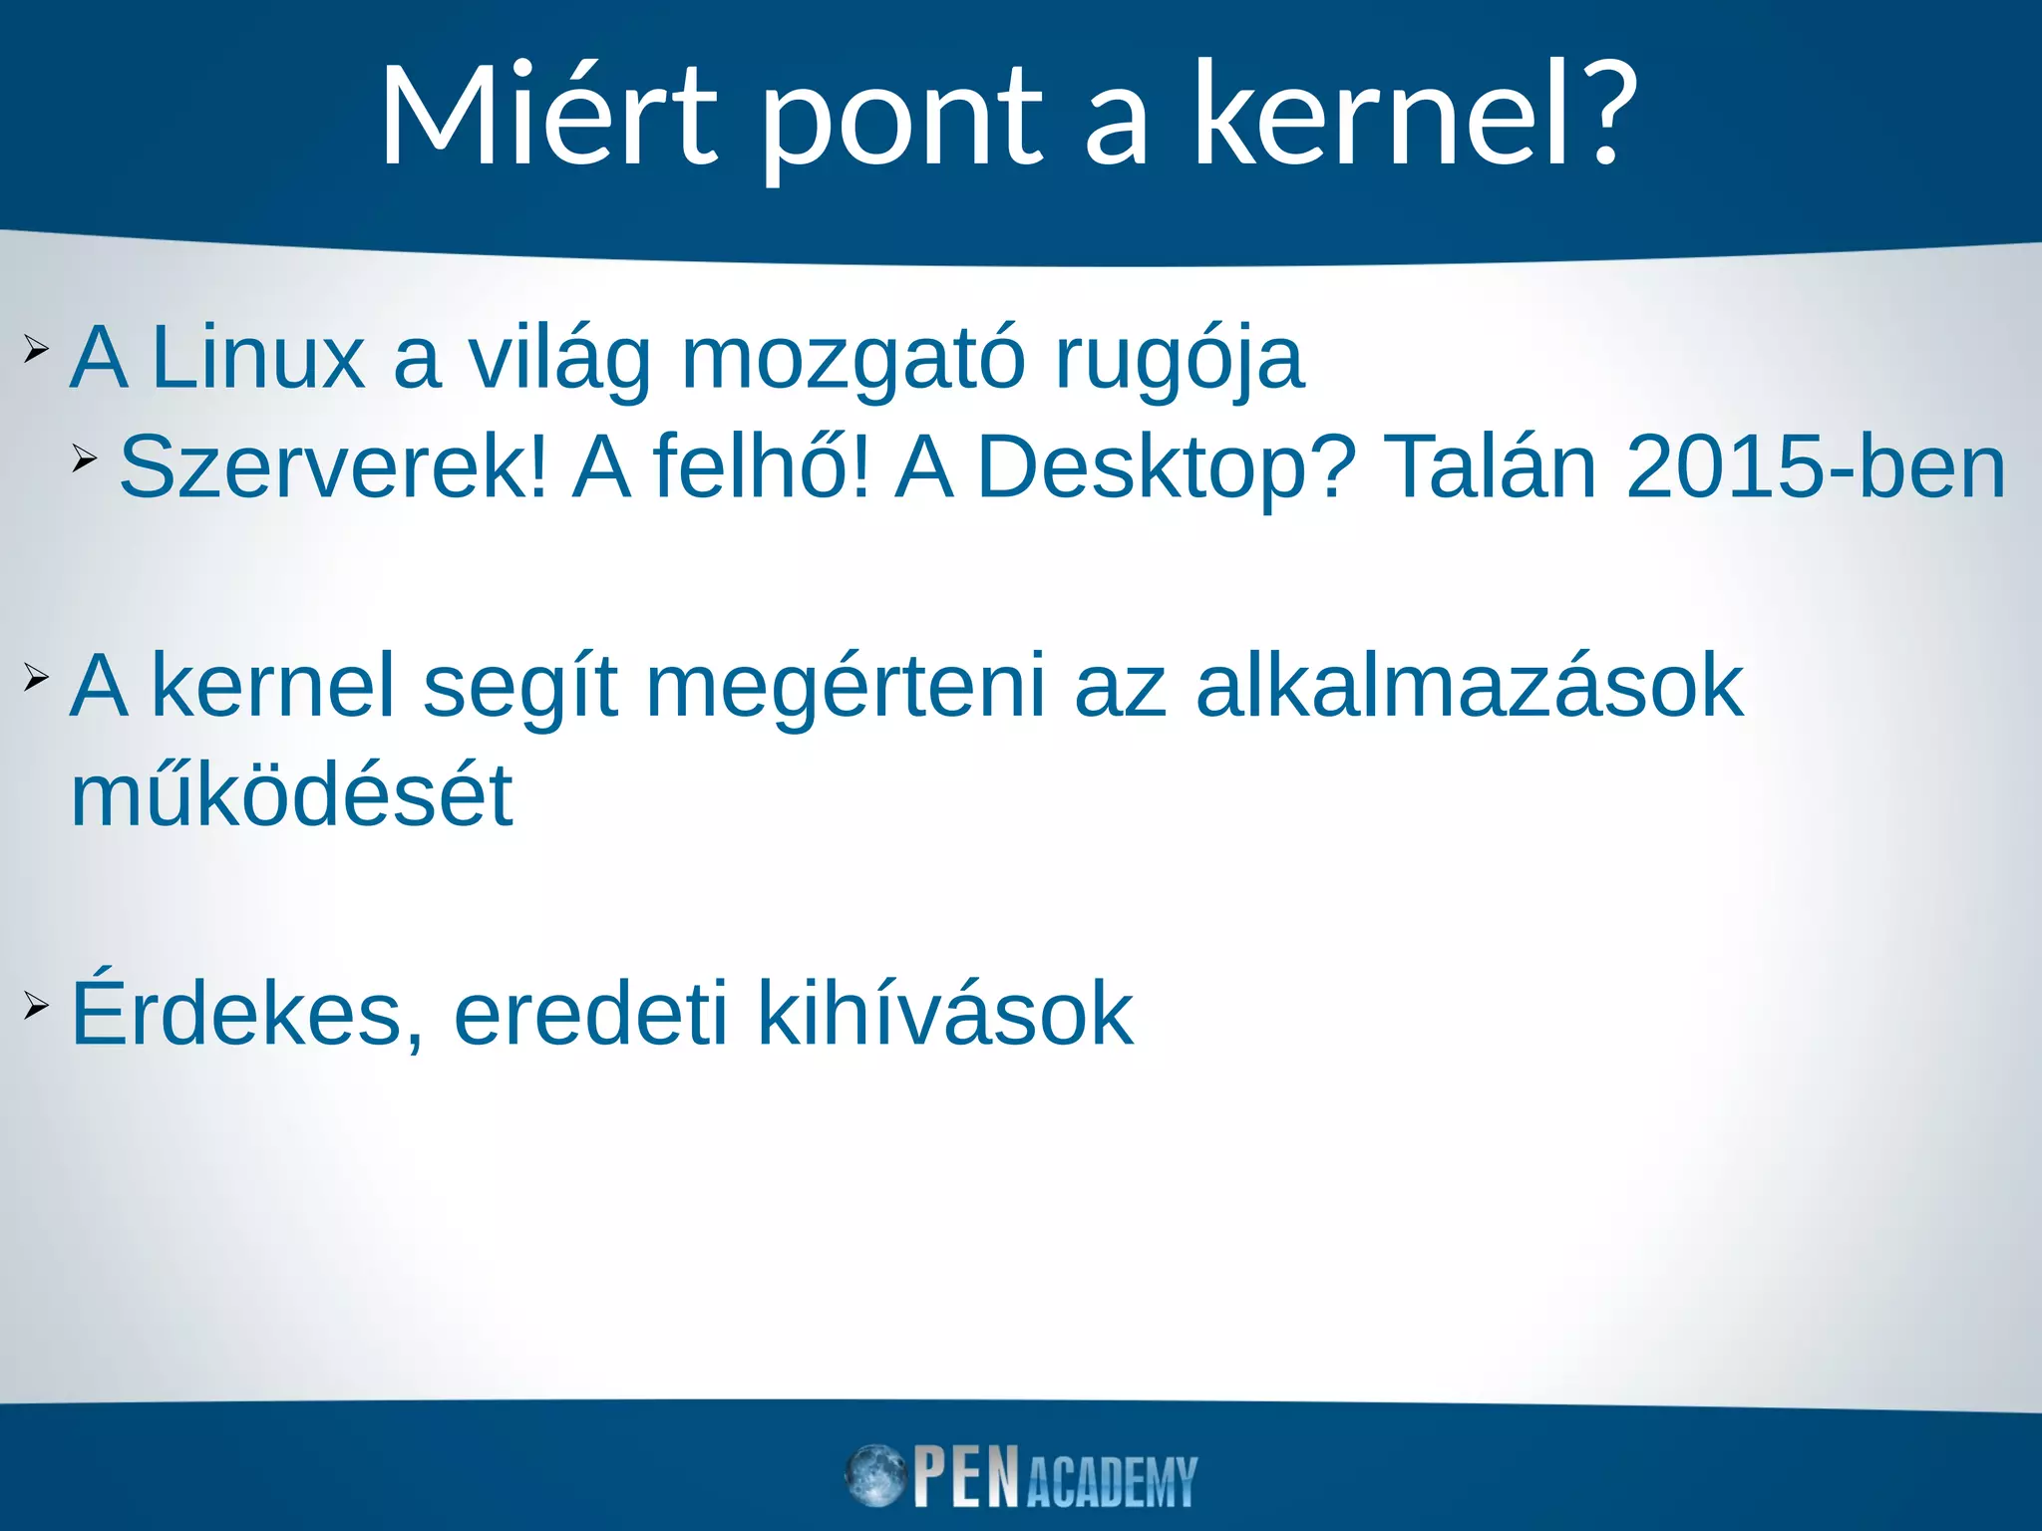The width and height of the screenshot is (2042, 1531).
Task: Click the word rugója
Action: tap(1179, 361)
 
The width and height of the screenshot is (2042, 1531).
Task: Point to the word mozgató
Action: tap(852, 361)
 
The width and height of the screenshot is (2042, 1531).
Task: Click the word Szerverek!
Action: tap(333, 468)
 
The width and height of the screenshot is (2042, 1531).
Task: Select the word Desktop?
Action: tap(1166, 468)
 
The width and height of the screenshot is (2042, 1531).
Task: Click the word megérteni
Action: tap(846, 688)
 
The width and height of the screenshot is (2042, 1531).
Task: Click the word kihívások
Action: tap(945, 1015)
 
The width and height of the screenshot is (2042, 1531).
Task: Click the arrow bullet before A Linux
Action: tap(36, 349)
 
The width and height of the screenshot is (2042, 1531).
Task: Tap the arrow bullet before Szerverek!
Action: tap(85, 459)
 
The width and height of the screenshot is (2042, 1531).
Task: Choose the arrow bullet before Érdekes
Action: tap(36, 1006)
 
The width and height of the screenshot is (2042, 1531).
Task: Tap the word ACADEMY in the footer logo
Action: tap(1111, 1482)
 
